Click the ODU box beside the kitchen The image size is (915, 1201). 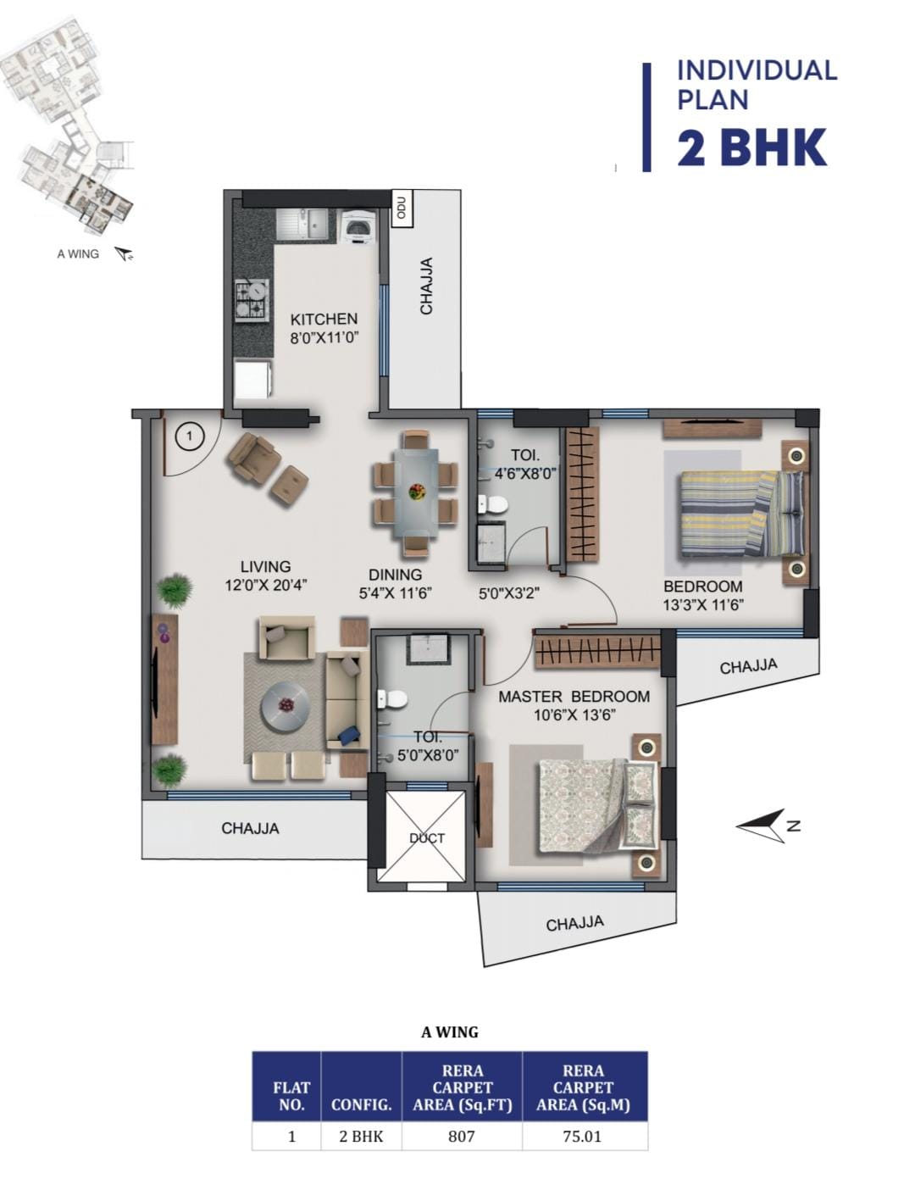pos(402,208)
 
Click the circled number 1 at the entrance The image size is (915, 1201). pos(189,436)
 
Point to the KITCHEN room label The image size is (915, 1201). pos(324,319)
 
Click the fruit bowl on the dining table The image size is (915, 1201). pos(416,490)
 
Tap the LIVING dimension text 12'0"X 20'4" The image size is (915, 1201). pos(266,586)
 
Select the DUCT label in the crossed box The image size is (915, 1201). pos(427,838)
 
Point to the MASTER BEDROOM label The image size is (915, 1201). pos(574,697)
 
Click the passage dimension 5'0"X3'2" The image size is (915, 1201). pos(509,593)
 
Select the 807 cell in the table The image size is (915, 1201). pos(461,1137)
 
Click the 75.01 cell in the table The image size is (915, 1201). pos(582,1137)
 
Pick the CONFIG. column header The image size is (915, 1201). pos(361,1104)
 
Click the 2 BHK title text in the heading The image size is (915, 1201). pos(751,147)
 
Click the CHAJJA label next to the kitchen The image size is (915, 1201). pos(426,286)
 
